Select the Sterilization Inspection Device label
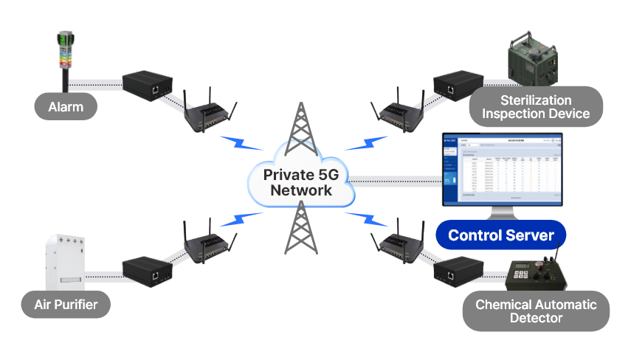pos(535,107)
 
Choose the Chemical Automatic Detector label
pos(536,311)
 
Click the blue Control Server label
pos(501,235)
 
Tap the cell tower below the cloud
pos(300,229)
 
